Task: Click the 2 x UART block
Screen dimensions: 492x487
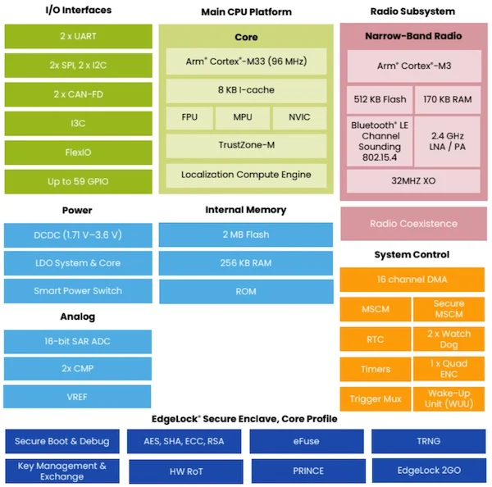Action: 78,36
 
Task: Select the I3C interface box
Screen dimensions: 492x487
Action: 78,123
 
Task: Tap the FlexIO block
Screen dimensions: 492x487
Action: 78,152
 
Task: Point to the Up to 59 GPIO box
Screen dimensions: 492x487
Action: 78,182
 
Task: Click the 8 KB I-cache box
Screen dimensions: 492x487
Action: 246,90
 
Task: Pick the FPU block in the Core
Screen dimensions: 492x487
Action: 189,118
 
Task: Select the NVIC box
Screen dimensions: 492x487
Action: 299,118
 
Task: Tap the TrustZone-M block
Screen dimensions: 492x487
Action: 246,146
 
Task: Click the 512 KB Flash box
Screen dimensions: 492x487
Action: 380,100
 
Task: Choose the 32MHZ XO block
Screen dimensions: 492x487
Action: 413,181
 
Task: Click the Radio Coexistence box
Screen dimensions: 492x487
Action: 413,224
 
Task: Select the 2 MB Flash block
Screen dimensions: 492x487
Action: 246,234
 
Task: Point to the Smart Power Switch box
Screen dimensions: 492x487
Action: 78,291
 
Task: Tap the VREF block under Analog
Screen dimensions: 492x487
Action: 77,397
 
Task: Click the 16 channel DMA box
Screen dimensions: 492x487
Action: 412,280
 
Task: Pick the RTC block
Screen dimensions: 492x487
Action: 376,339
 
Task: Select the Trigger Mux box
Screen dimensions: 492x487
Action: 376,399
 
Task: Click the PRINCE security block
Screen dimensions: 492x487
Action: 308,471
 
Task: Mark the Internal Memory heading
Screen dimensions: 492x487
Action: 246,210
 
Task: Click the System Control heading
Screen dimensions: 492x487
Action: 412,254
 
